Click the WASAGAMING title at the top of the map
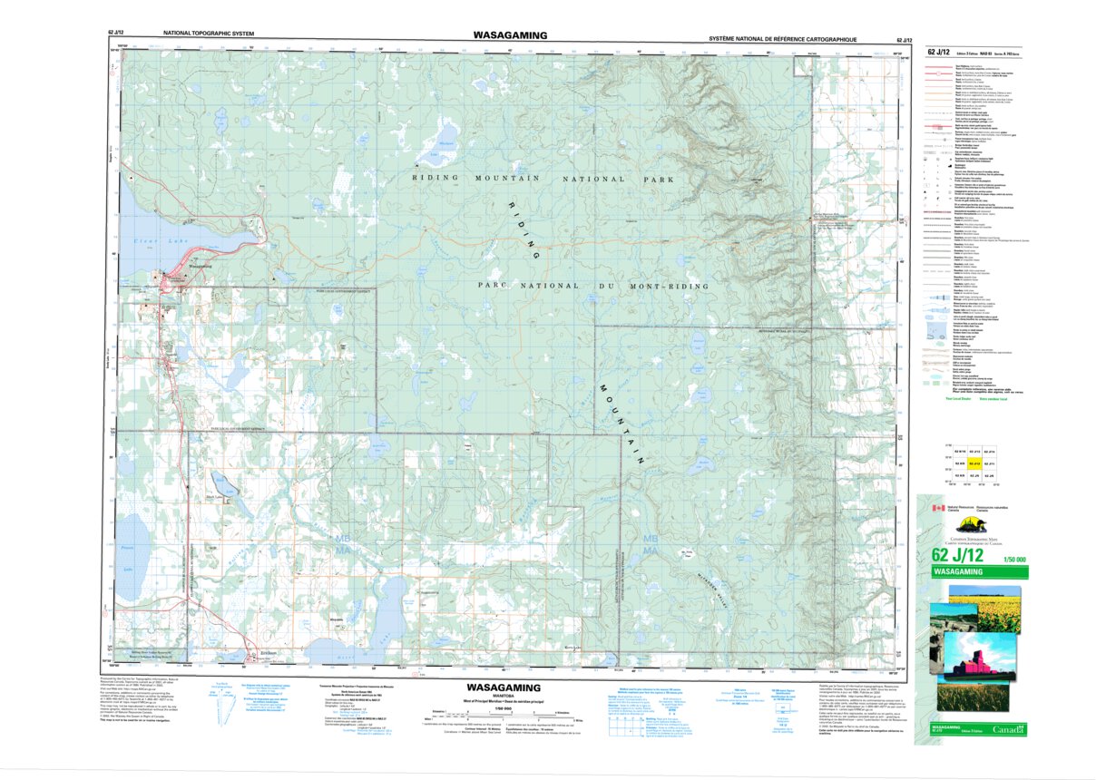point(509,35)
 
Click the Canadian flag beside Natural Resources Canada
point(938,509)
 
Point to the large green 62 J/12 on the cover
point(958,556)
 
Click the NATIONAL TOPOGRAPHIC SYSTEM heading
point(209,34)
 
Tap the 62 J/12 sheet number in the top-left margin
point(116,34)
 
